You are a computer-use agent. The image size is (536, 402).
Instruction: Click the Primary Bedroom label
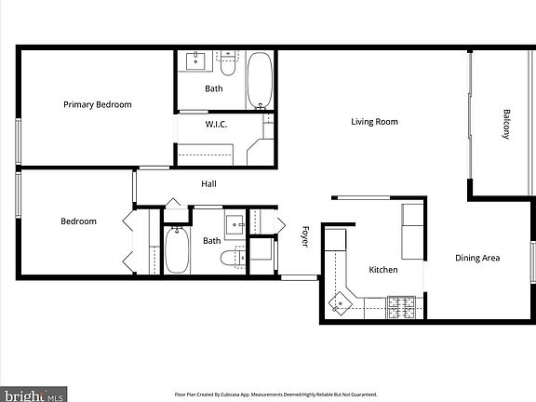coord(97,104)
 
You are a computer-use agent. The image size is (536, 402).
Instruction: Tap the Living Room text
coord(374,122)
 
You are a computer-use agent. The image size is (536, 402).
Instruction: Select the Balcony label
coord(507,125)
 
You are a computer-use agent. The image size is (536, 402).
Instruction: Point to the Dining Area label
coord(477,258)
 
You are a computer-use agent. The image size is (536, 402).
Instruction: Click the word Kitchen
coord(383,270)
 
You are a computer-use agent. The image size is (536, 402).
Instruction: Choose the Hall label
coord(209,183)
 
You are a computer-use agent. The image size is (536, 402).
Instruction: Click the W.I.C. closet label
coord(216,125)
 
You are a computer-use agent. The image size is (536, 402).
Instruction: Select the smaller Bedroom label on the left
coord(79,221)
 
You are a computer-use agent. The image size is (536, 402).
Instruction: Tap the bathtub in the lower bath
coord(177,249)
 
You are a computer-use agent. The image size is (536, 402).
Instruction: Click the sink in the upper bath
coord(196,62)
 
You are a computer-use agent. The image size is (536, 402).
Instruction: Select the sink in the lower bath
coord(234,224)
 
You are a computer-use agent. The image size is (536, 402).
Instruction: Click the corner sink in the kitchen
coord(341,301)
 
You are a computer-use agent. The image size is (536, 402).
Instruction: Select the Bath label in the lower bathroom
coord(212,240)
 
